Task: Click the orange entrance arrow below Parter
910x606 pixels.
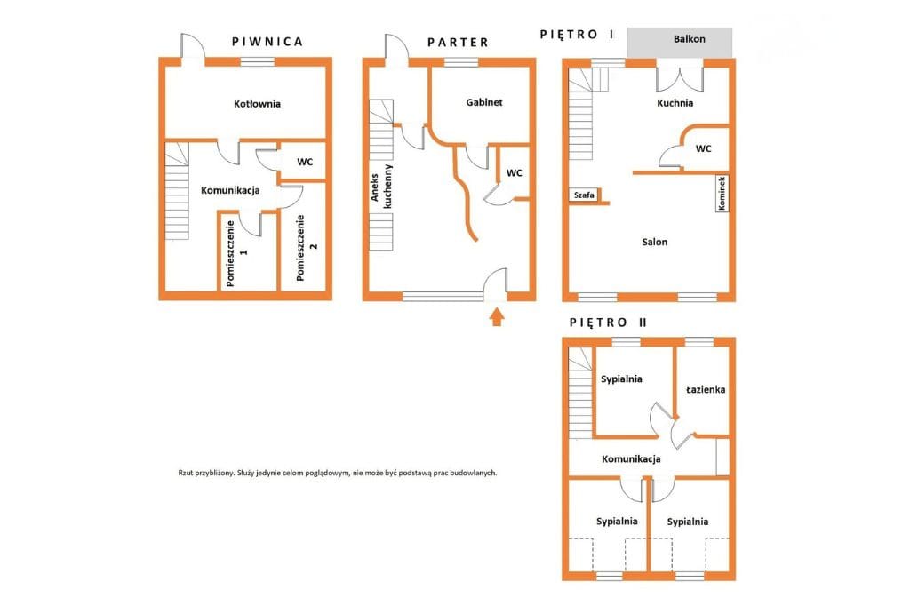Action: pos(496,317)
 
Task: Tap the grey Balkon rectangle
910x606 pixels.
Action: pos(680,43)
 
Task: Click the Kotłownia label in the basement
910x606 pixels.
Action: pos(257,104)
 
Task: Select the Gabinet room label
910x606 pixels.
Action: pos(484,102)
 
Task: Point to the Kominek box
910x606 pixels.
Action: pos(722,194)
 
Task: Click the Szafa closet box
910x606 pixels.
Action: pos(584,195)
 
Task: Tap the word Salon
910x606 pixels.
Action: pos(655,242)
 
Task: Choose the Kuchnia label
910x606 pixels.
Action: pos(675,103)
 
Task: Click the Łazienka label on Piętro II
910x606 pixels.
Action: pos(705,389)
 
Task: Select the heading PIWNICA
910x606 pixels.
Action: pos(267,42)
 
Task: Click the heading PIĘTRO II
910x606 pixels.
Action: pos(608,323)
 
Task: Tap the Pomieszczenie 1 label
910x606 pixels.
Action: pos(236,253)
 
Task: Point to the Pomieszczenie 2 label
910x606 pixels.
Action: pos(307,248)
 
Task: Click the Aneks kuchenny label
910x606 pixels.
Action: pos(381,187)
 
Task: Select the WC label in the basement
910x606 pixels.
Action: pos(305,162)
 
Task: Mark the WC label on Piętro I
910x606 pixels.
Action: pos(703,148)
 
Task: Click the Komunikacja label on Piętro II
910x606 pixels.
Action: pos(631,459)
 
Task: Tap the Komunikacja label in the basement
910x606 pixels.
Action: pos(230,190)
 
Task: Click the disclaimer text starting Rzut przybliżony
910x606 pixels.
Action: pos(337,473)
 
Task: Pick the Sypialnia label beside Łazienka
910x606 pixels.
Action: pos(621,379)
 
